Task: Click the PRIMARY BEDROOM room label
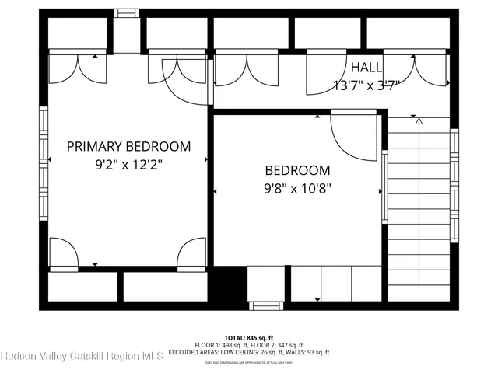pos(128,146)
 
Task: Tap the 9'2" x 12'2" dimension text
pos(128,164)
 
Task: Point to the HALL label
pos(366,68)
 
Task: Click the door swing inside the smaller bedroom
pos(354,136)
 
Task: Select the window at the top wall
pos(124,13)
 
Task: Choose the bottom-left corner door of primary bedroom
pos(64,253)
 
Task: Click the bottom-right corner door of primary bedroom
pos(191,253)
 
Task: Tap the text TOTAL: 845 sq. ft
pos(249,337)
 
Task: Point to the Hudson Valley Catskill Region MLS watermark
pos(82,356)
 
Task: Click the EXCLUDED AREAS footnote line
pos(249,352)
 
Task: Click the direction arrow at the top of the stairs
pos(419,121)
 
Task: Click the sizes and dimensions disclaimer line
pos(249,362)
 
